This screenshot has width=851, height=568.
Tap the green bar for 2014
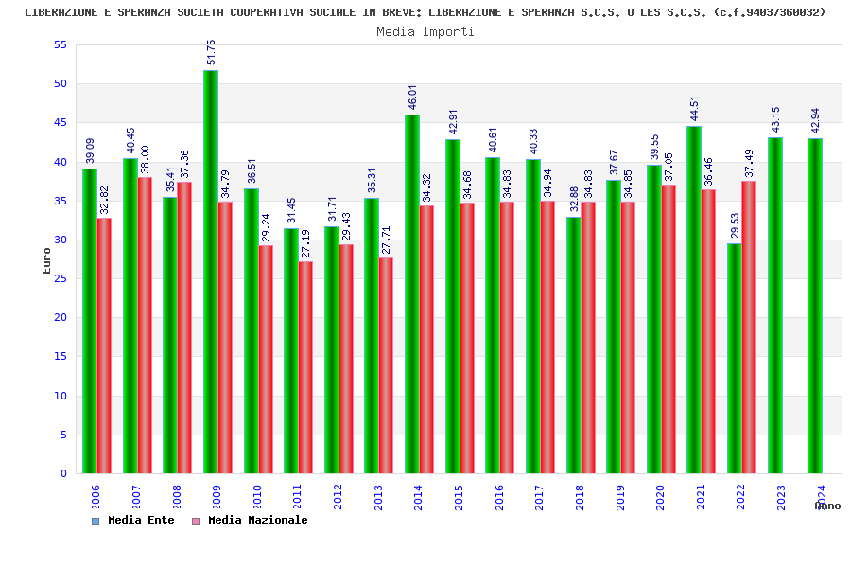pos(411,293)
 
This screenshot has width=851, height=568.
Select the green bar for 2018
pos(573,345)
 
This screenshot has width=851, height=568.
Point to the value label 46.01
pos(412,98)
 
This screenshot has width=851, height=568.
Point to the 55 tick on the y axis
pos(61,44)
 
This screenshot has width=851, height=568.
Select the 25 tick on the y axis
pos(61,278)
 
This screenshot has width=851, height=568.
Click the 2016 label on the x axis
pos(499,498)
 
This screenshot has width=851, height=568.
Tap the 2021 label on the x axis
pos(701,498)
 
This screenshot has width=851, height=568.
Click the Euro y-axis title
pos(47,260)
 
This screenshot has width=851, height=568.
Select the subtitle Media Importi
pos(425,31)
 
